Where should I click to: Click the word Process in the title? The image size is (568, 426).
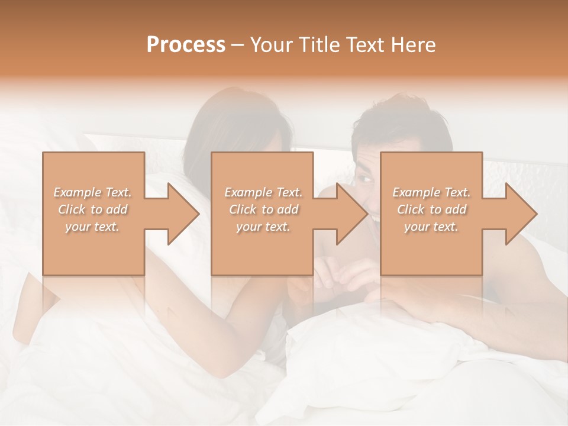click(x=186, y=45)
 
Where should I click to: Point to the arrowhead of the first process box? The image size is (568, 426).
click(x=184, y=214)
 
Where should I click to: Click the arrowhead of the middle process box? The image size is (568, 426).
click(x=353, y=214)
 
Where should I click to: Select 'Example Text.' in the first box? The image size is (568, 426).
click(x=92, y=192)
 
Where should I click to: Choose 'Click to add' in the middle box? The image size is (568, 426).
click(x=263, y=209)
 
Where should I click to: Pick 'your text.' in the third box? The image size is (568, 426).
click(x=431, y=227)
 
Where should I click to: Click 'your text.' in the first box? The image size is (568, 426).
click(x=92, y=227)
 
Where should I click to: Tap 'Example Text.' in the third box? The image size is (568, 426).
click(x=431, y=192)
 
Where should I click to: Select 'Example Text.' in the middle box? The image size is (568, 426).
click(x=263, y=192)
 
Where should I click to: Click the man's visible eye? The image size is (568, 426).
click(x=364, y=177)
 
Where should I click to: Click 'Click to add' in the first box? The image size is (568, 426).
click(x=92, y=209)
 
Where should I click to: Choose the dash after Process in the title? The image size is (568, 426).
click(x=238, y=46)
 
